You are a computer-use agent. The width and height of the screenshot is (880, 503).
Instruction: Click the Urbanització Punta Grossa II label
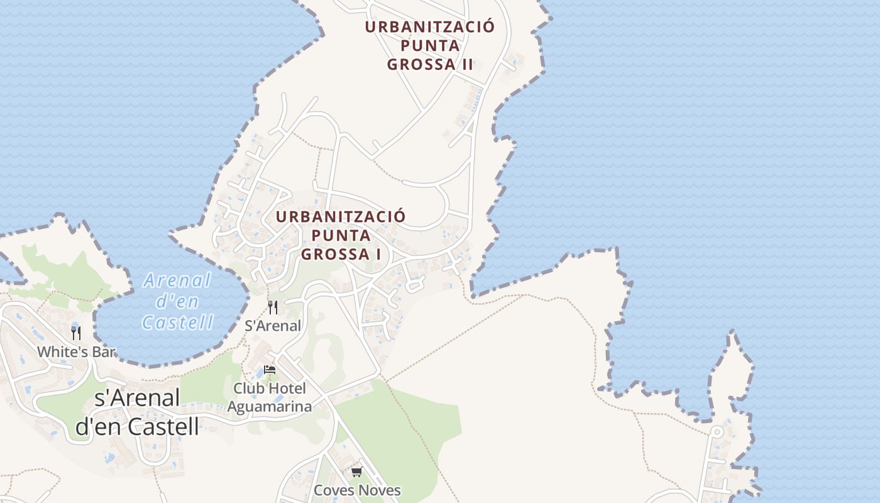tap(430, 46)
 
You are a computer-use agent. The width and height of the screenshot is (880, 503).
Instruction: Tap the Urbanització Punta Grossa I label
tap(341, 235)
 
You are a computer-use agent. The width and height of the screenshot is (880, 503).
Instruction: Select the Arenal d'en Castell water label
tap(177, 301)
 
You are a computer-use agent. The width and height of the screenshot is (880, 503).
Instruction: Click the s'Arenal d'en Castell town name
tap(137, 412)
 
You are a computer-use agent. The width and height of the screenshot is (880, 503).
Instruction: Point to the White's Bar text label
tap(76, 351)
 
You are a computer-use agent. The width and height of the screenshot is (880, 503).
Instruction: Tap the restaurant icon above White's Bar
tap(76, 333)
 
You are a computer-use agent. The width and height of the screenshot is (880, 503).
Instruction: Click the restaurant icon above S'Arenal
tap(273, 307)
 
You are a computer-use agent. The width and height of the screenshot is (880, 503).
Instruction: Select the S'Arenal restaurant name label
tap(273, 326)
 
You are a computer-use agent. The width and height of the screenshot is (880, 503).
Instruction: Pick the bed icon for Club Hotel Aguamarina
tap(270, 369)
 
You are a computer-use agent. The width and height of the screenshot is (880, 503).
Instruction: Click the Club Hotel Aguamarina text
tap(270, 397)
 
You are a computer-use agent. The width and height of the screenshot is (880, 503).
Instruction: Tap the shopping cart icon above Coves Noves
tap(356, 472)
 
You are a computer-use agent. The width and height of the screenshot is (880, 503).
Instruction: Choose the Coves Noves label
tap(356, 490)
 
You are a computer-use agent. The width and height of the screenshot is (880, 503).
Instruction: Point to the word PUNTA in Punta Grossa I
tap(341, 236)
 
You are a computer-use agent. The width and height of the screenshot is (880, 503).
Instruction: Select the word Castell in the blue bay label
tap(177, 323)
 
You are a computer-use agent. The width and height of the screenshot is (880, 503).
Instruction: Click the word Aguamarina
tap(270, 407)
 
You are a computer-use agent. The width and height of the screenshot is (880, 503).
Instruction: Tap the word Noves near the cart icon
tap(379, 490)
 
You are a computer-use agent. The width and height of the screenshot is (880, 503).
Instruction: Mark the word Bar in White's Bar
tap(104, 351)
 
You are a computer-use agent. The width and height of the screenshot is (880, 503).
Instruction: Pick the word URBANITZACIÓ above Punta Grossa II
tap(430, 28)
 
